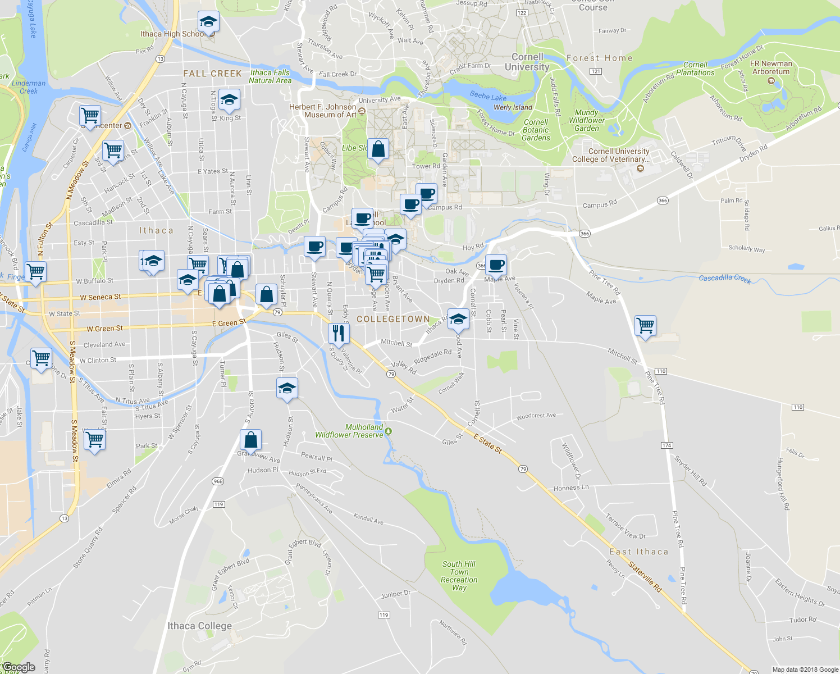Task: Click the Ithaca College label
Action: pyautogui.click(x=199, y=626)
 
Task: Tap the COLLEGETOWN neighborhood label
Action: pyautogui.click(x=393, y=319)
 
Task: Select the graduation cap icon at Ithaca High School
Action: pyautogui.click(x=208, y=22)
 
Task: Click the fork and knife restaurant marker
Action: pyautogui.click(x=339, y=333)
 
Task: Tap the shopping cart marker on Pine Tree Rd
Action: pyautogui.click(x=645, y=325)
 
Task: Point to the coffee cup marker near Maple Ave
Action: pyautogui.click(x=496, y=264)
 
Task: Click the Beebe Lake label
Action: pyautogui.click(x=488, y=97)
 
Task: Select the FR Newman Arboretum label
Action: pyautogui.click(x=771, y=67)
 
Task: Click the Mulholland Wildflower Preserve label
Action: pyautogui.click(x=349, y=431)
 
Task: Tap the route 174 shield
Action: pyautogui.click(x=666, y=445)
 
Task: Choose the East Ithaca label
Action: pyautogui.click(x=639, y=552)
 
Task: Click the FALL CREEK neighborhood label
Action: pyautogui.click(x=212, y=74)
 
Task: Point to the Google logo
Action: pyautogui.click(x=19, y=667)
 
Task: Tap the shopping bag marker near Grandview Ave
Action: pyautogui.click(x=250, y=440)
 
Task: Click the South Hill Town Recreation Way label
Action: pyautogui.click(x=459, y=576)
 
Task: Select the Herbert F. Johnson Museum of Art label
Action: pyautogui.click(x=323, y=111)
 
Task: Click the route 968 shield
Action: pyautogui.click(x=218, y=481)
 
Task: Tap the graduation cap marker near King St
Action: pyautogui.click(x=229, y=101)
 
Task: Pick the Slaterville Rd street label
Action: pyautogui.click(x=645, y=577)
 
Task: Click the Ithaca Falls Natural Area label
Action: pyautogui.click(x=270, y=76)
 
